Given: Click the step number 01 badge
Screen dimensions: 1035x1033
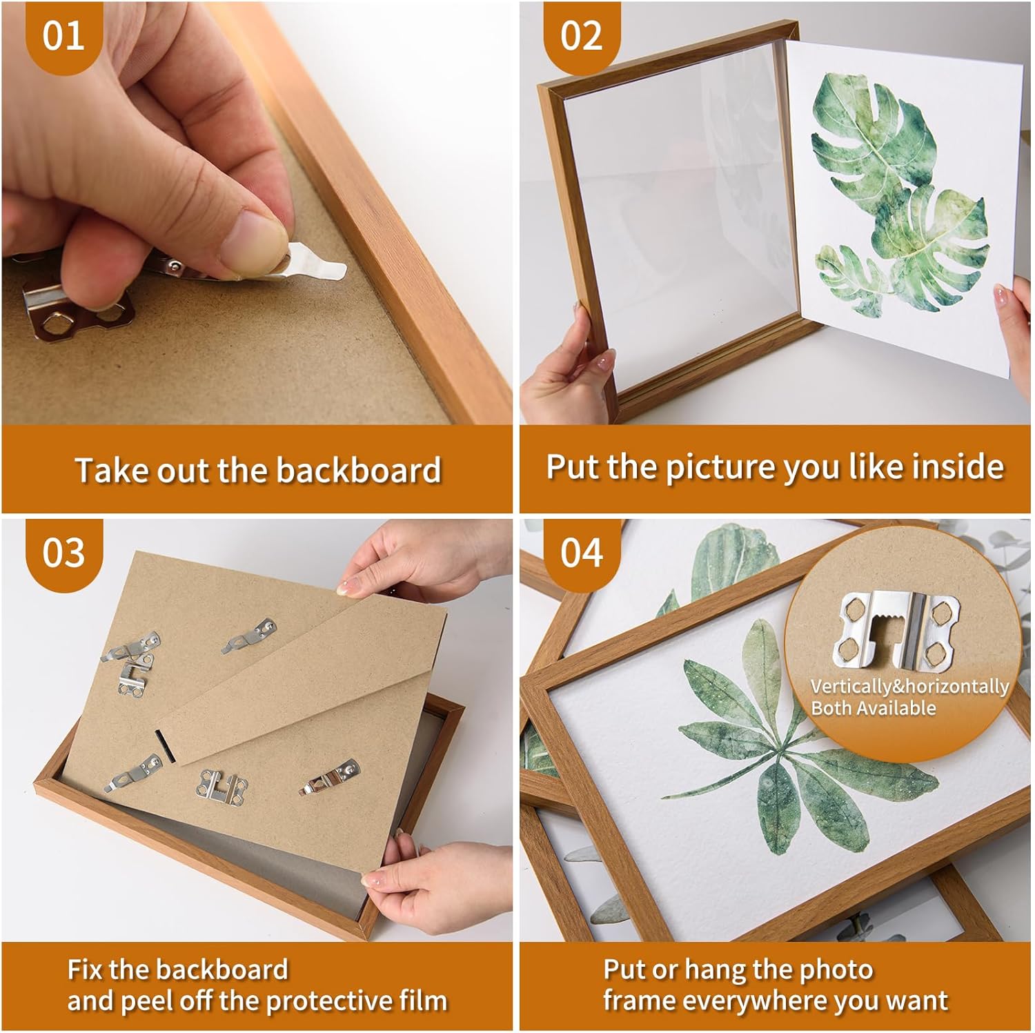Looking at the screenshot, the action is point(63,35).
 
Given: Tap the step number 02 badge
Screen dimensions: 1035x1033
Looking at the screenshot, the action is point(581,35).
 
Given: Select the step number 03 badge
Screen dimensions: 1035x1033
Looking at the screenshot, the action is point(63,553).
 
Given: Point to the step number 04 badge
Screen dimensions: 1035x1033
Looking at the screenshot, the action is point(581,553).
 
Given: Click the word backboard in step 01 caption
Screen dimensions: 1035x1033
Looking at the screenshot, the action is point(359,470).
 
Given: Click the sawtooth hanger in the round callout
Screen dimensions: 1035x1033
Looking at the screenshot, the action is point(895,629).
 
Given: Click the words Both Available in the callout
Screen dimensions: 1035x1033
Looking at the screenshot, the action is point(874,708).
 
